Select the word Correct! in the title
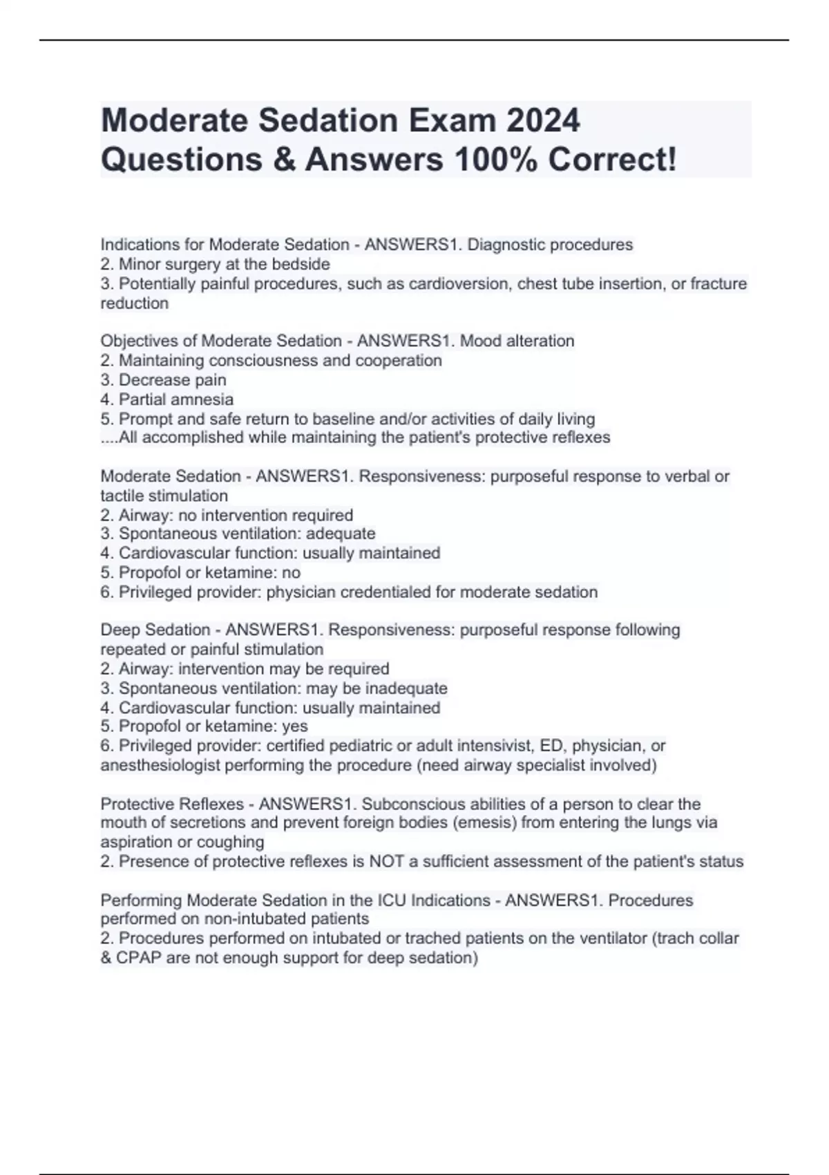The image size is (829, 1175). (612, 160)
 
